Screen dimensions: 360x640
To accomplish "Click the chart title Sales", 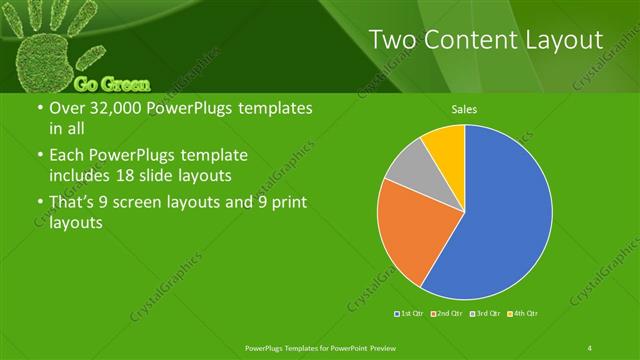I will click(x=464, y=109).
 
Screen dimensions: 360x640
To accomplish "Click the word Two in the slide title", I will click(x=392, y=40).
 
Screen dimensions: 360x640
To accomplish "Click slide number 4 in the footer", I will click(x=590, y=347).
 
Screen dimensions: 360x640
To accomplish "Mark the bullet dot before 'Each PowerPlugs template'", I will click(x=38, y=156).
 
